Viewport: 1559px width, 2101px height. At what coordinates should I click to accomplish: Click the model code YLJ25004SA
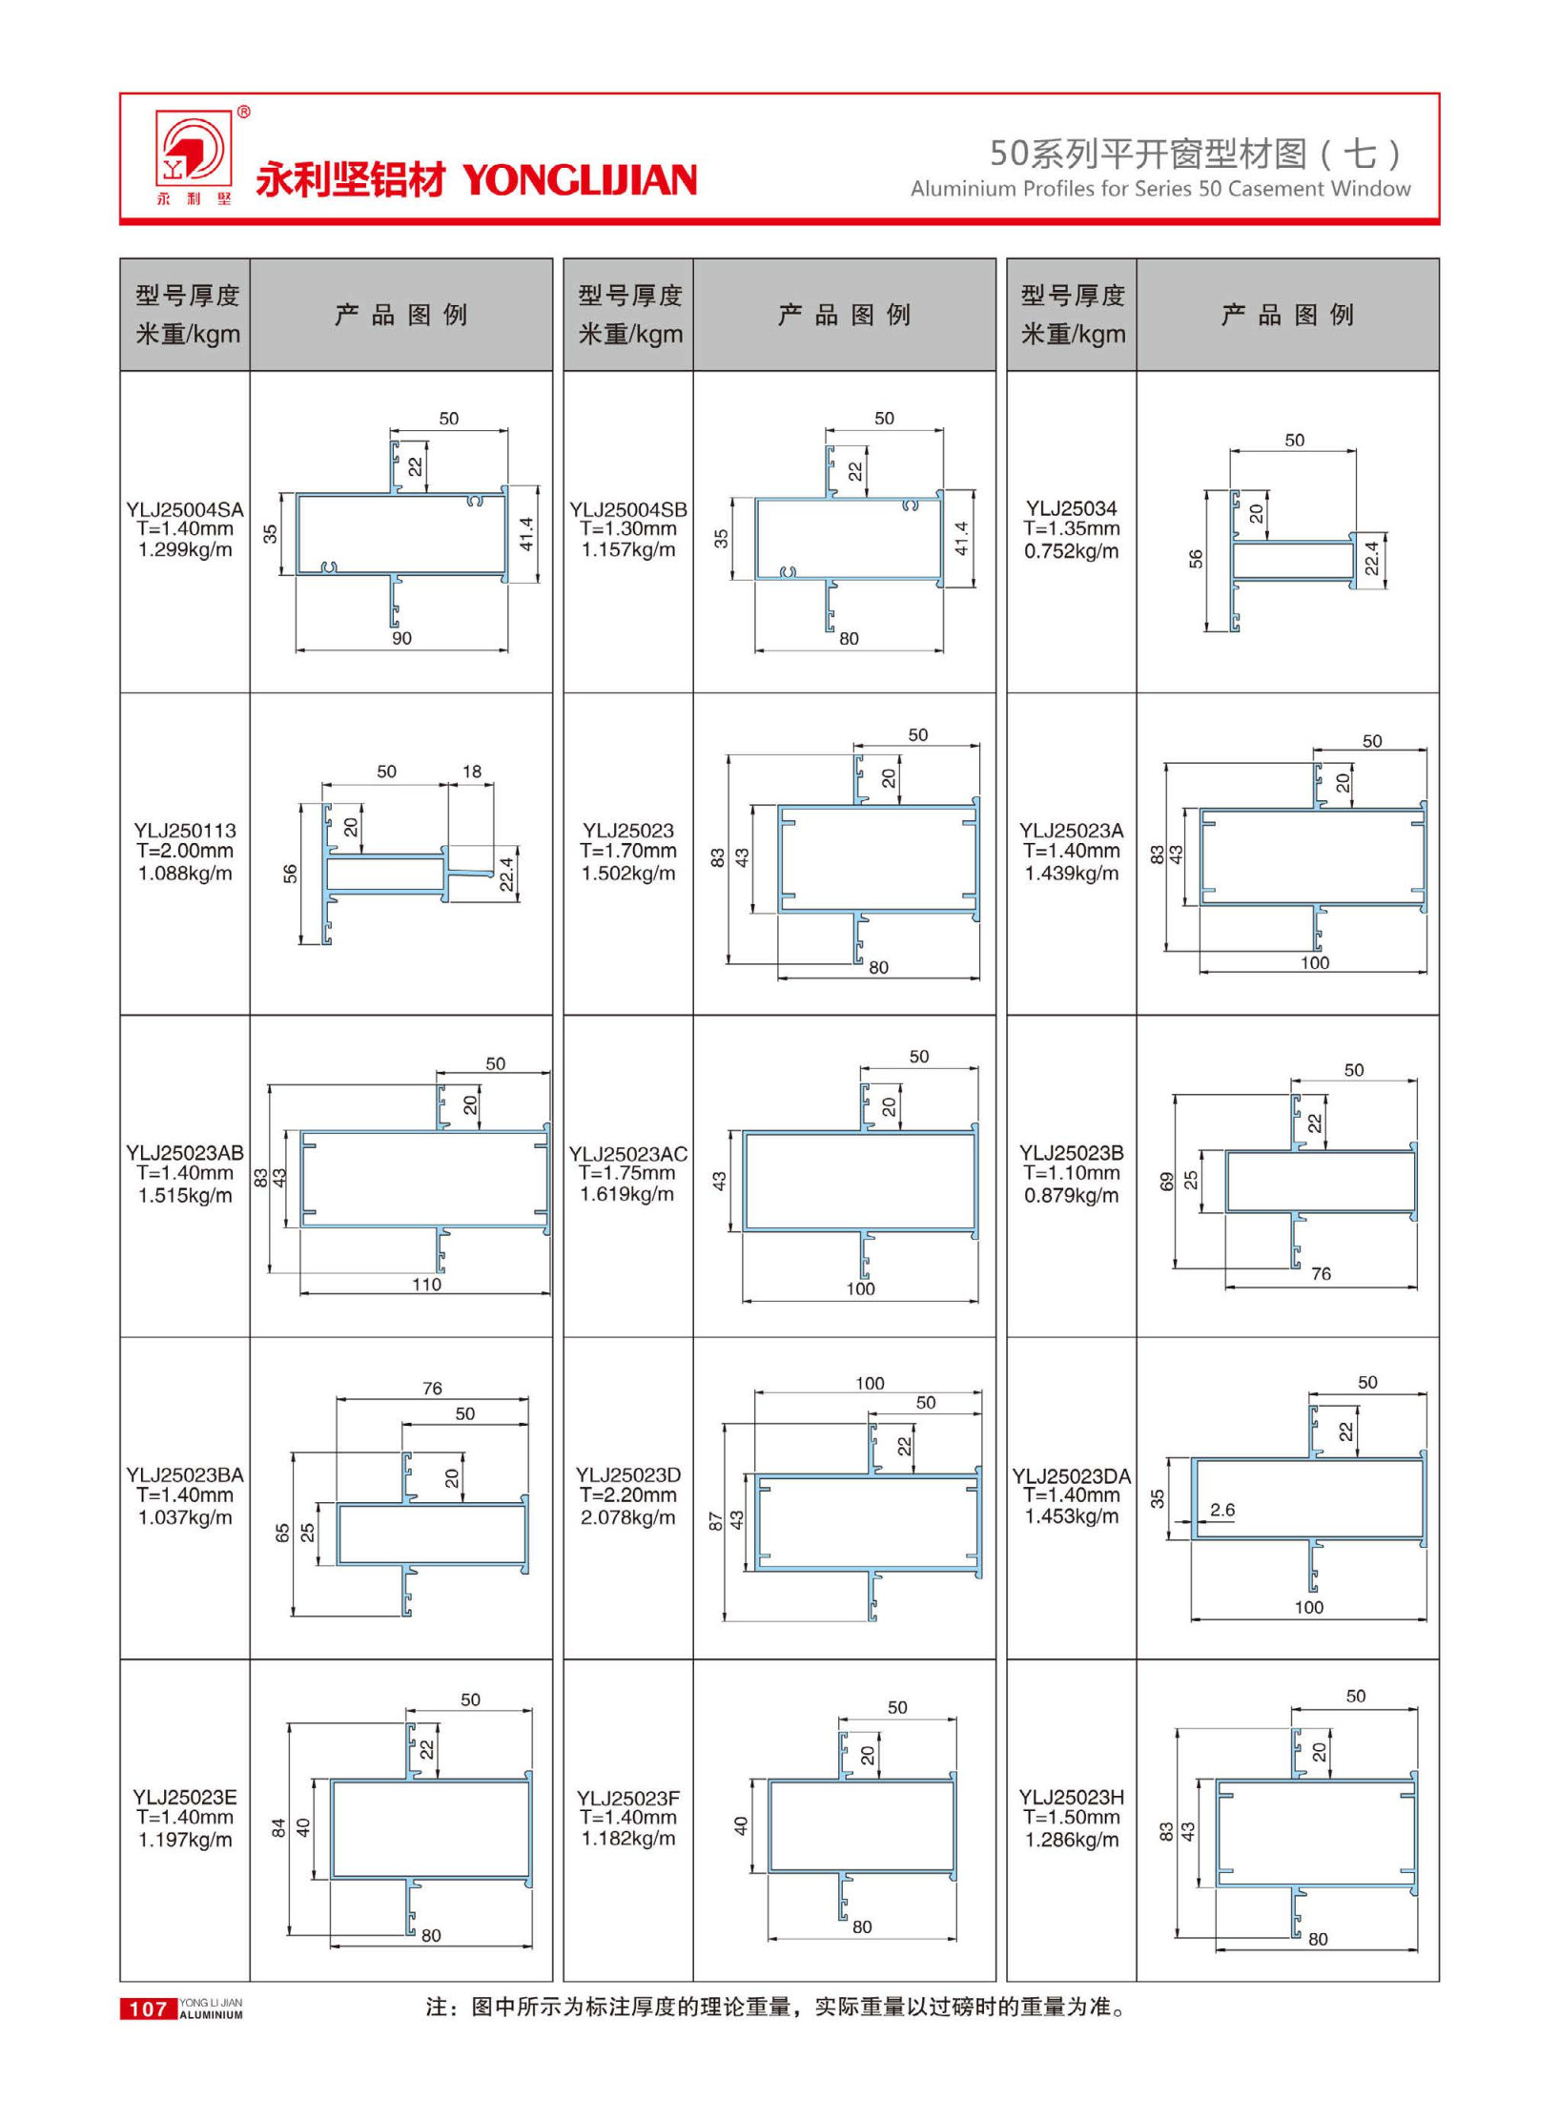pos(184,509)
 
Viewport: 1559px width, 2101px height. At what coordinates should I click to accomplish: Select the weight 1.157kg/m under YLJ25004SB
pos(627,550)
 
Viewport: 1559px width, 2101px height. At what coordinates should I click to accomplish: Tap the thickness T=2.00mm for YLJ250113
pos(184,851)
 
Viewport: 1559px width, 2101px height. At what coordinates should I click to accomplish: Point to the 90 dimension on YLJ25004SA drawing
pos(401,638)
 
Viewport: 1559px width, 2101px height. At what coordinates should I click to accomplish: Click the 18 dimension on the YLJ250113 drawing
pos(472,772)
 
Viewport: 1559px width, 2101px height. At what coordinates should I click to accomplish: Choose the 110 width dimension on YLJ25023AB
pos(426,1285)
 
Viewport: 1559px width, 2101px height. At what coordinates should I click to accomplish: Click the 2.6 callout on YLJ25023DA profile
pos(1221,1510)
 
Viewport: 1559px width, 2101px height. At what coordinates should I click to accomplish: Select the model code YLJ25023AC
pos(627,1154)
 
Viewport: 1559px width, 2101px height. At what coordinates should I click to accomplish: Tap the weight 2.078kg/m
pos(627,1517)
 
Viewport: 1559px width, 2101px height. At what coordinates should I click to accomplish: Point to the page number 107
pos(148,2009)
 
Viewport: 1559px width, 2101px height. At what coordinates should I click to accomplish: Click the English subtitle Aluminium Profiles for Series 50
pos(1159,189)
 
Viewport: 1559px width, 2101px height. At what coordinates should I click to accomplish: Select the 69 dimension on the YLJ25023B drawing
pos(1166,1182)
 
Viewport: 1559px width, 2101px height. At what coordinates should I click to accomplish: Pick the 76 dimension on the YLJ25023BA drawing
pos(432,1389)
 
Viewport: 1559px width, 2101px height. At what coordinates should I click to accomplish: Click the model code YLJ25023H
pos(1071,1798)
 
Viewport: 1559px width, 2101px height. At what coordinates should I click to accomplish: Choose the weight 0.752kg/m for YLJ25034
pos(1071,551)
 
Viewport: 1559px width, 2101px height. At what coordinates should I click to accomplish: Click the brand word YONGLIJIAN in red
pos(580,180)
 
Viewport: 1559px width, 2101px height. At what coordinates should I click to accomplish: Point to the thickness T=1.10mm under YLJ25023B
pos(1071,1174)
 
